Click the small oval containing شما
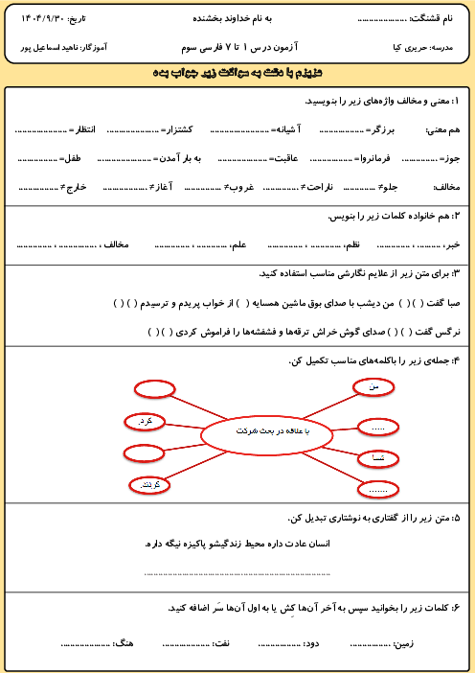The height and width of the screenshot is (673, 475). pos(377,459)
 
